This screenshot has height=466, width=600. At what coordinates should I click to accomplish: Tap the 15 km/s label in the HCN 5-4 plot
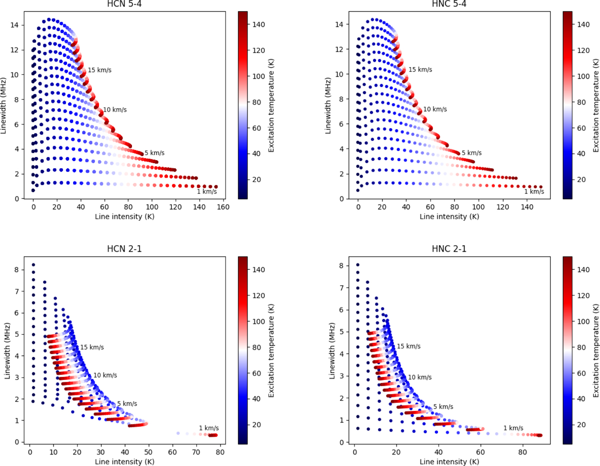[x=99, y=70]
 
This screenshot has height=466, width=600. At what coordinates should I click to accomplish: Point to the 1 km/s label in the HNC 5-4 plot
[x=534, y=192]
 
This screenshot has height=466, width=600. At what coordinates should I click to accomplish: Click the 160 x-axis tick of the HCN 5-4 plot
[x=223, y=206]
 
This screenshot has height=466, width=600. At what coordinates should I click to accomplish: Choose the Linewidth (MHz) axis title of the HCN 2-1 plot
[x=7, y=350]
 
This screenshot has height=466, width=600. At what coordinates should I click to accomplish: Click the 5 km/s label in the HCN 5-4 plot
[x=154, y=153]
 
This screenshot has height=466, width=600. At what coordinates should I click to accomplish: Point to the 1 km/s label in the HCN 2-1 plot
[x=209, y=427]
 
